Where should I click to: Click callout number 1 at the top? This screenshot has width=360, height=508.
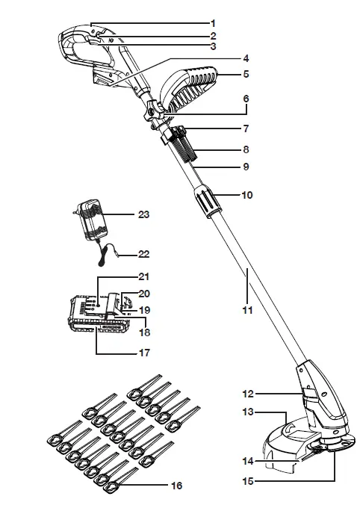[213, 22]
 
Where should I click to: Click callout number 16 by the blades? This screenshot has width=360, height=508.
[176, 486]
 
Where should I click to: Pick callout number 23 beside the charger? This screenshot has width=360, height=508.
[144, 214]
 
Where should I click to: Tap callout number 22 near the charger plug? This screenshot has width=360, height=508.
[144, 251]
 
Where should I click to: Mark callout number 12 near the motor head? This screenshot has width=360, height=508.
[246, 392]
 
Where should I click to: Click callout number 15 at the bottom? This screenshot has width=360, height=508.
[246, 482]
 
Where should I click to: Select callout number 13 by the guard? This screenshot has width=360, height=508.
[246, 412]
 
